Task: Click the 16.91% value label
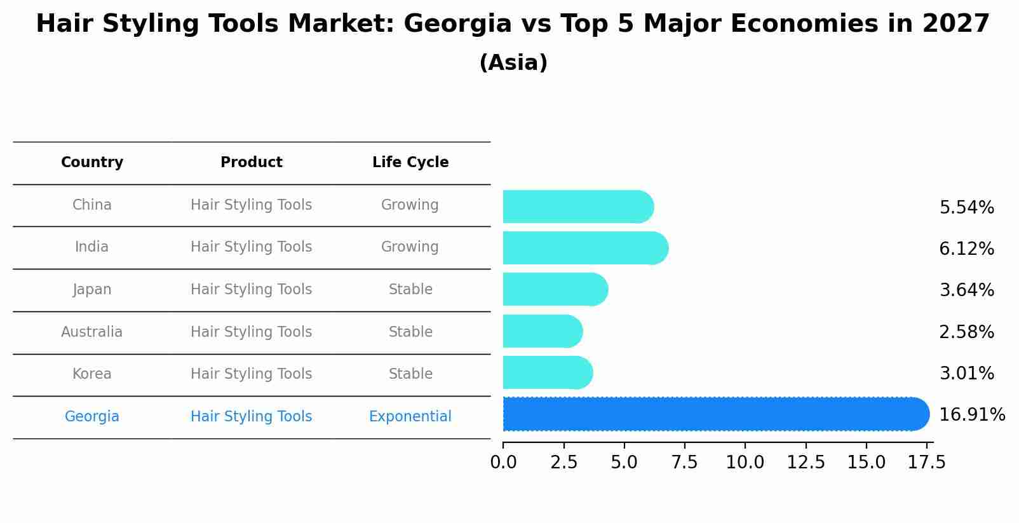point(971,415)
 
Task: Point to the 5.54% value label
point(966,208)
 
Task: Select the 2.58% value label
point(966,332)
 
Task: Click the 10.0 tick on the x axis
point(745,463)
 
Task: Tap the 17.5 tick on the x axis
point(927,463)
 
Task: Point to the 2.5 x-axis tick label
point(563,463)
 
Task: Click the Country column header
point(92,163)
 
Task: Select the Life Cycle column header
point(410,163)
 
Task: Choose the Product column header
point(252,163)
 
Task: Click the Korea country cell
point(92,374)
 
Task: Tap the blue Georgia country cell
point(92,417)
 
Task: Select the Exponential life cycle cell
point(410,417)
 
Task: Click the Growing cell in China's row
point(410,205)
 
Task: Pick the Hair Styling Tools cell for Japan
point(252,290)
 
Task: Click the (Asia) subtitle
point(513,63)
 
